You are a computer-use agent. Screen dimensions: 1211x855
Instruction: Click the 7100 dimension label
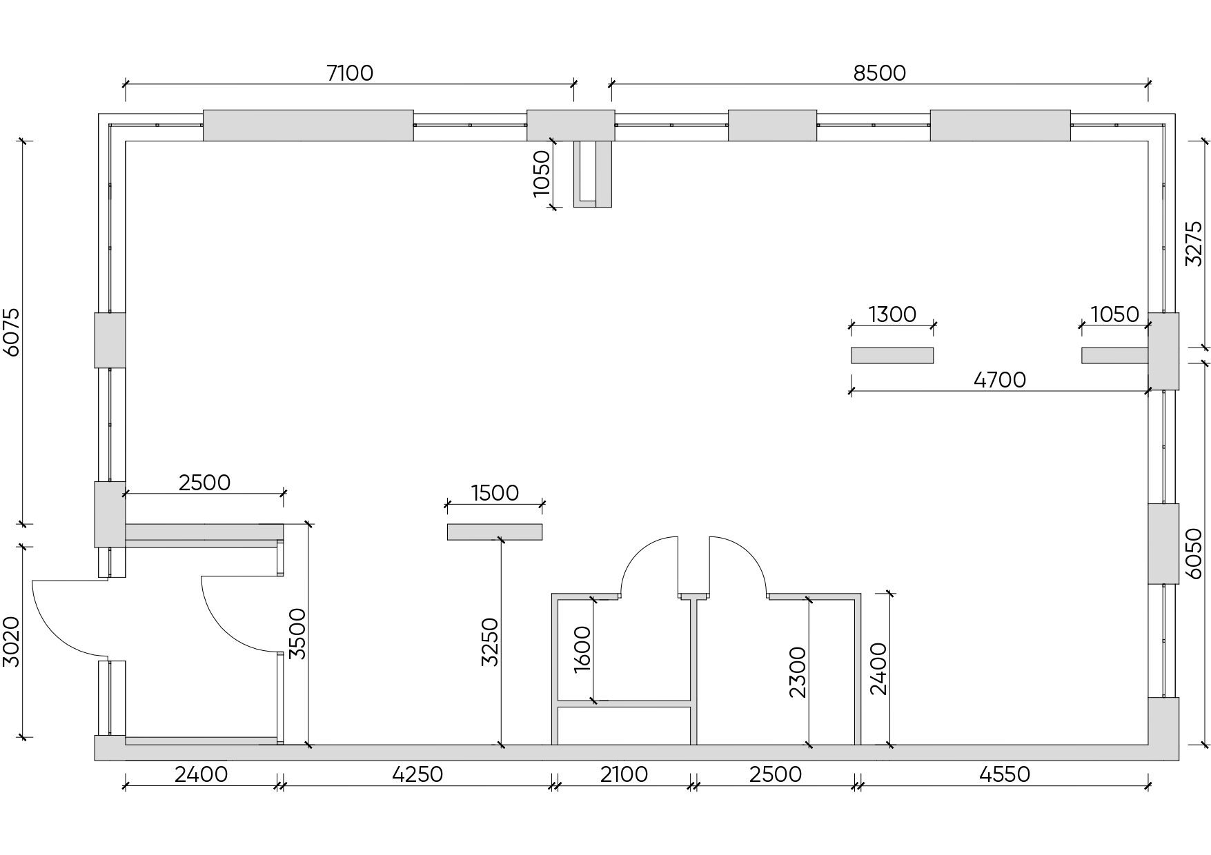[350, 72]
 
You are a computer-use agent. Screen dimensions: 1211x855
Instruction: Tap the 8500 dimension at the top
[879, 72]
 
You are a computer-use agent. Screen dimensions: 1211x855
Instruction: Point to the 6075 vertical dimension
[12, 332]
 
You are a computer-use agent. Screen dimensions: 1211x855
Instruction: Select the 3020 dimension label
[12, 642]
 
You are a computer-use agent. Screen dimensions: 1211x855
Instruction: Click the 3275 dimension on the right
[1194, 243]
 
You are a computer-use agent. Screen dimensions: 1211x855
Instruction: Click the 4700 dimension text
[1000, 379]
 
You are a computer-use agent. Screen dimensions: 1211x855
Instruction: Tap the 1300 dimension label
[892, 314]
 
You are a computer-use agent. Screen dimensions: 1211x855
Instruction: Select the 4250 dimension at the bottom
[417, 774]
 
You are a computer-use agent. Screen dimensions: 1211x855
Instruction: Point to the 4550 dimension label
[1005, 774]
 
